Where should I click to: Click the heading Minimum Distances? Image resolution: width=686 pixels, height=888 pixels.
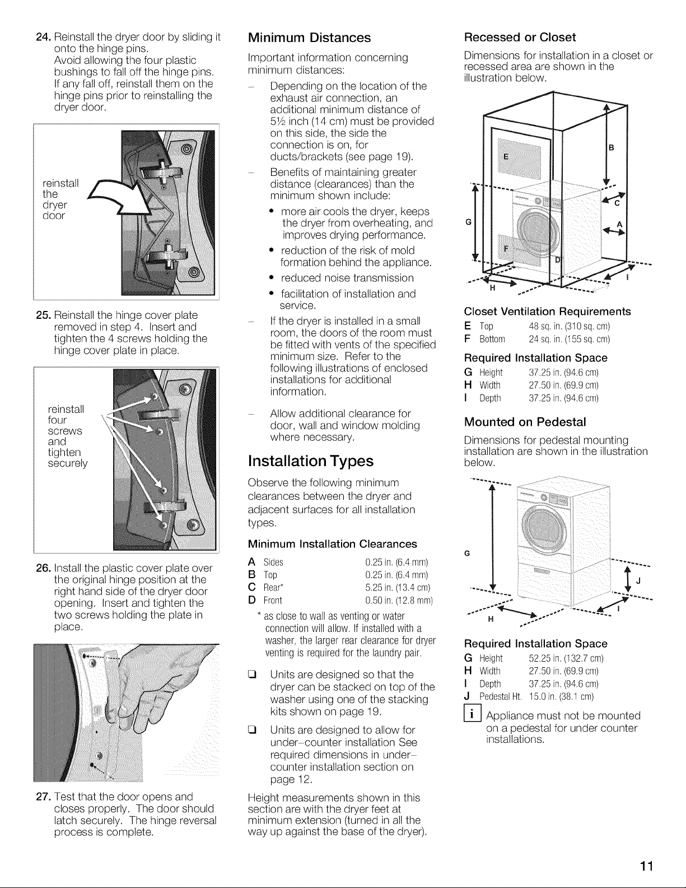click(x=309, y=38)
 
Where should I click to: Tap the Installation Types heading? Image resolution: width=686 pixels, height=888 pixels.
click(x=311, y=461)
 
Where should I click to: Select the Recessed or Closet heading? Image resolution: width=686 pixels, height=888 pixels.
click(x=520, y=37)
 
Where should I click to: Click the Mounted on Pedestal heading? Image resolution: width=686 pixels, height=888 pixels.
click(x=525, y=422)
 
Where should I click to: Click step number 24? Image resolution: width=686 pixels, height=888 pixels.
click(x=43, y=38)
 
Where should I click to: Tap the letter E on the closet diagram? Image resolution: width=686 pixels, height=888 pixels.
click(x=506, y=156)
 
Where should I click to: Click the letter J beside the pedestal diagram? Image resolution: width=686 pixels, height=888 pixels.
click(x=637, y=582)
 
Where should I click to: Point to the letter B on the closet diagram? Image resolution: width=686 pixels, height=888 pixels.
click(x=612, y=148)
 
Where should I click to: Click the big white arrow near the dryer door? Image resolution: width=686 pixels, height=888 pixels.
click(x=118, y=197)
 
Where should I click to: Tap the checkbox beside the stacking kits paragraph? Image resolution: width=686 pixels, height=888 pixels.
click(x=251, y=675)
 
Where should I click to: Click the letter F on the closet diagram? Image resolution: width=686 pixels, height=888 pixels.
click(x=506, y=248)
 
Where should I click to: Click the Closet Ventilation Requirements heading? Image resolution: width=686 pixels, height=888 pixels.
click(x=547, y=312)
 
